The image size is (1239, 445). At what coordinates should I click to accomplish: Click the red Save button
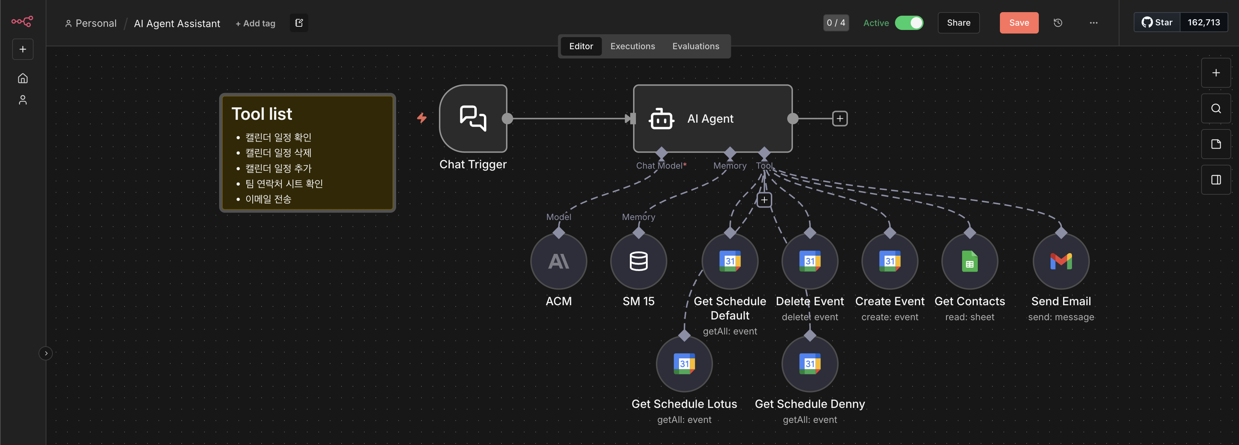coord(1019,22)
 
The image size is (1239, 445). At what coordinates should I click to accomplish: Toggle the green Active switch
coord(909,22)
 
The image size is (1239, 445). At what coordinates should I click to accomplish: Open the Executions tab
coord(632,46)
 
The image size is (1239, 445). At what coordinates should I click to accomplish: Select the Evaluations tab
coord(696,46)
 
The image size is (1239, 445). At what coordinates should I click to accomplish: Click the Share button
coord(958,22)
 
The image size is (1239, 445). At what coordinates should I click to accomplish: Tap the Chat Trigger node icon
coord(473,118)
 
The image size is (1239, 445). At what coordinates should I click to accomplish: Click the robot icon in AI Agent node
coord(661,119)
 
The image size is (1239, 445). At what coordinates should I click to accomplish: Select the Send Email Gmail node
coord(1061,261)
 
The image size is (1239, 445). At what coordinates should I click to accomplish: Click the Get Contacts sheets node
coord(969,261)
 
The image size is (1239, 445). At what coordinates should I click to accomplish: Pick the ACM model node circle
coord(558,261)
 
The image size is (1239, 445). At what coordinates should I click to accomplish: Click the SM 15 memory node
coord(638,261)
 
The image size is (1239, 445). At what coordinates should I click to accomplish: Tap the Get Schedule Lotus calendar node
coord(684,364)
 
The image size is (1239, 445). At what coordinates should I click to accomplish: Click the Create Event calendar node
coord(889,261)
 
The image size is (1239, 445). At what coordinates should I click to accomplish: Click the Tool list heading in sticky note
coord(262,114)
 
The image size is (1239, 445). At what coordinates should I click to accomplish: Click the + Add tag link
coord(256,23)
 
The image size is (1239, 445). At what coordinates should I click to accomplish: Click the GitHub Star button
coord(1157,22)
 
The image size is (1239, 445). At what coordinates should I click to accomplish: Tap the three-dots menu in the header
coord(1093,22)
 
